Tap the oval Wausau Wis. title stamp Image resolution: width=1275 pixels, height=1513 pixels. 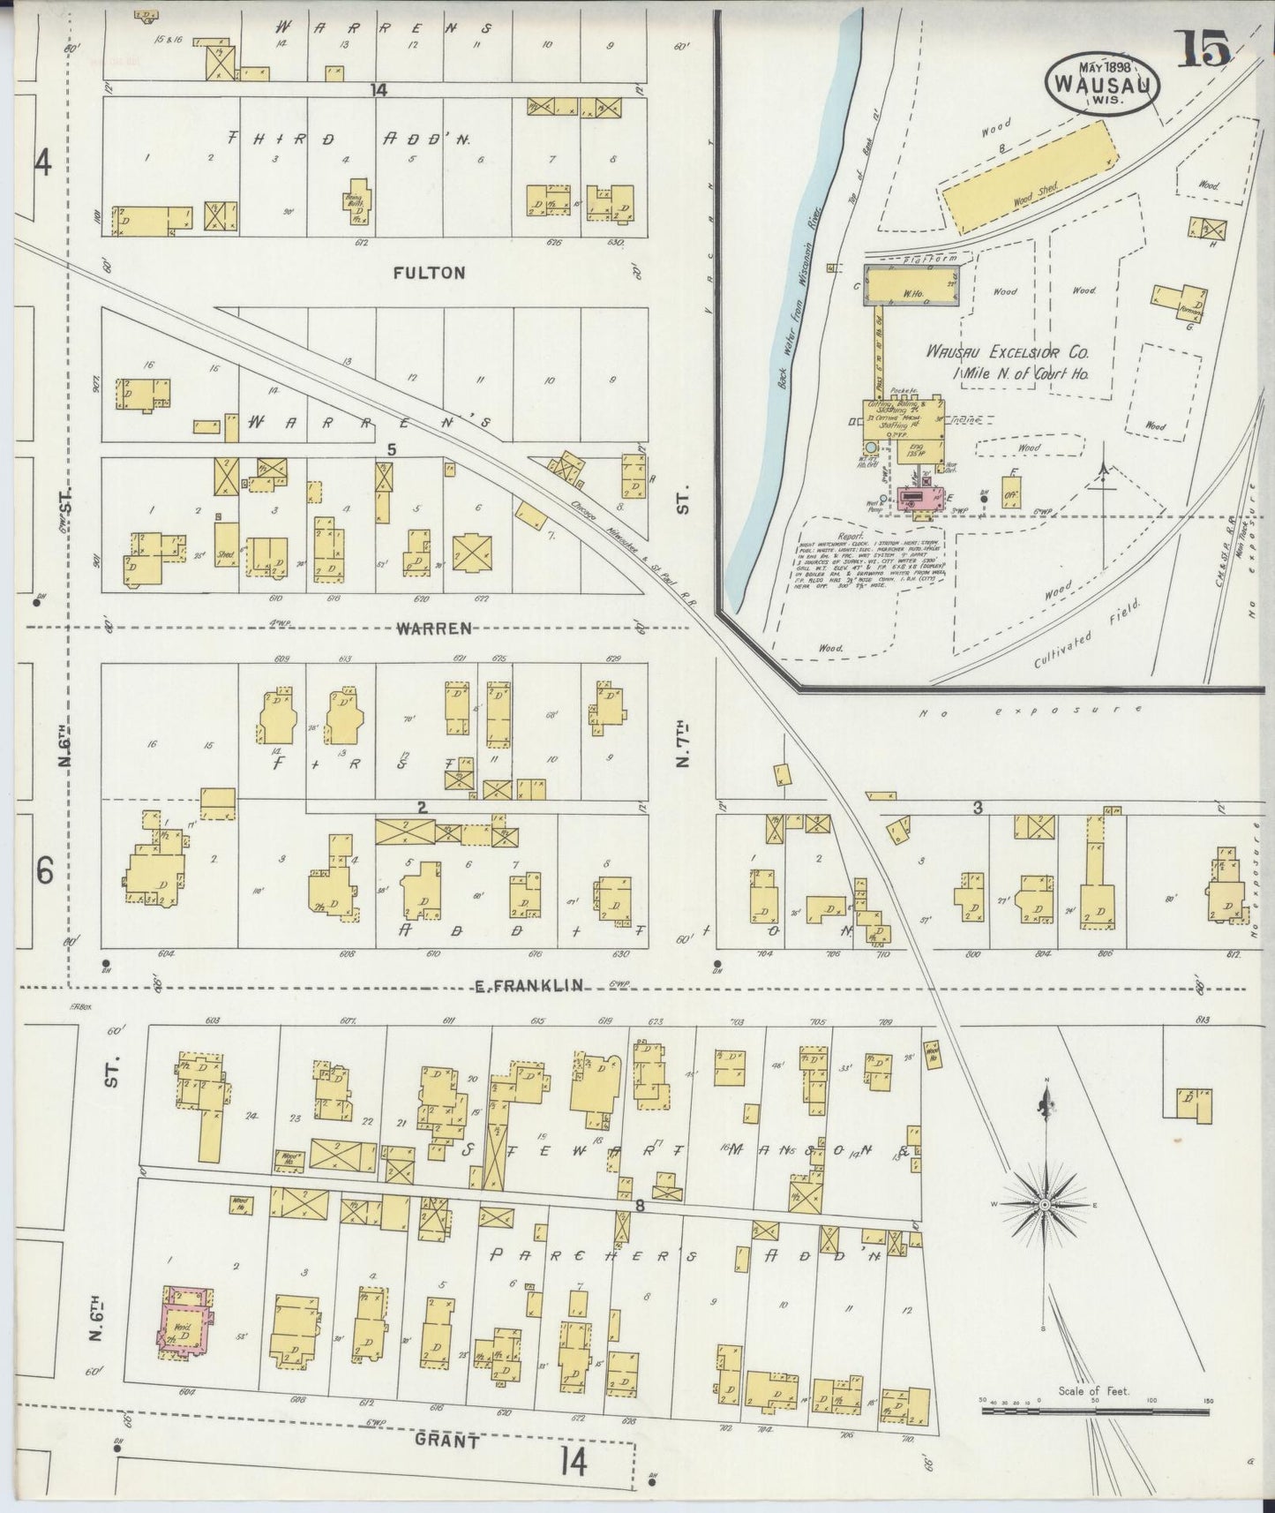coord(1101,84)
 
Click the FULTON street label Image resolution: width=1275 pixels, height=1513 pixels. coord(429,273)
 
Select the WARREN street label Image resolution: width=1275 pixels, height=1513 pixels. coord(432,629)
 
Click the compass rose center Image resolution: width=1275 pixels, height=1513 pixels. coord(1045,1205)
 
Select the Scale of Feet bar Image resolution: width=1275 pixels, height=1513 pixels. coord(1094,1411)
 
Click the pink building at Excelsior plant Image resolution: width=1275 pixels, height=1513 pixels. coord(920,501)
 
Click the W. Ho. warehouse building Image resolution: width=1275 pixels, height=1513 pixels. coord(913,285)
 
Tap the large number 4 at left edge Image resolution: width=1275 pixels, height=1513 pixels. coord(43,162)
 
